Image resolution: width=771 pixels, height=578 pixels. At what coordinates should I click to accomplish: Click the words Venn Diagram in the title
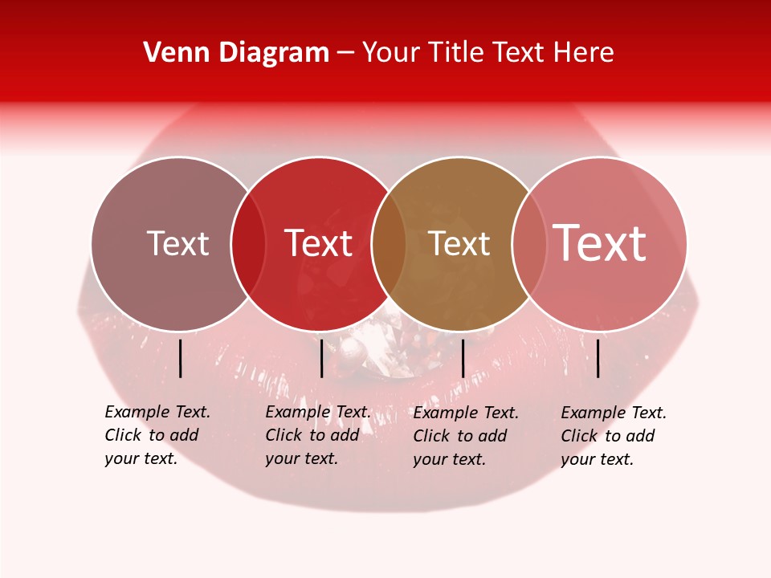(236, 53)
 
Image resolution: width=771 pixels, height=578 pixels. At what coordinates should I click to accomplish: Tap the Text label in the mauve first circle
(177, 243)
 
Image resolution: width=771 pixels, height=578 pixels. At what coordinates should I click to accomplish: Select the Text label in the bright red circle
(319, 243)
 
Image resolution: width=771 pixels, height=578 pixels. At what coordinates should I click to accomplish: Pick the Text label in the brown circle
(459, 244)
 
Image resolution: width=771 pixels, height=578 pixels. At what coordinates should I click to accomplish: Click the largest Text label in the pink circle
(600, 243)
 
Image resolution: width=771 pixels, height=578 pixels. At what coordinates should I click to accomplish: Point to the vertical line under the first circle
(180, 358)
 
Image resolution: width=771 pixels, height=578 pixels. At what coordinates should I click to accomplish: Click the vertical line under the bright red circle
(321, 358)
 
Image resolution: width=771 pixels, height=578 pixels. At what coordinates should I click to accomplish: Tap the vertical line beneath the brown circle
(463, 358)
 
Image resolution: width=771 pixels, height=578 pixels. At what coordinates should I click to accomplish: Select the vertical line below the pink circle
(598, 358)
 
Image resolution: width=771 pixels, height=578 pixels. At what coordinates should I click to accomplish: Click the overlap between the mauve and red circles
(248, 244)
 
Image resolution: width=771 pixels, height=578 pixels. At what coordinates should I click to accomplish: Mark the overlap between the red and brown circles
(389, 244)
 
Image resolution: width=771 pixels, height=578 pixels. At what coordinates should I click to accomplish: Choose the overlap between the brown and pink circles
(528, 244)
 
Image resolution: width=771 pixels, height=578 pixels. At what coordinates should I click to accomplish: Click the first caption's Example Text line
(157, 412)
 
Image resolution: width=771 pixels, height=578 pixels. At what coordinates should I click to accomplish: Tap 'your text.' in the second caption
(301, 458)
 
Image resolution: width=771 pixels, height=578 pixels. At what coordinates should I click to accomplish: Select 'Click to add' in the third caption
(460, 436)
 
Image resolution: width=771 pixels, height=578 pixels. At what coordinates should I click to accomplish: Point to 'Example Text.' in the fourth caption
(614, 413)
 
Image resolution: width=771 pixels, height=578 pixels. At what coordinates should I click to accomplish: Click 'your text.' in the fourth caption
(597, 459)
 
